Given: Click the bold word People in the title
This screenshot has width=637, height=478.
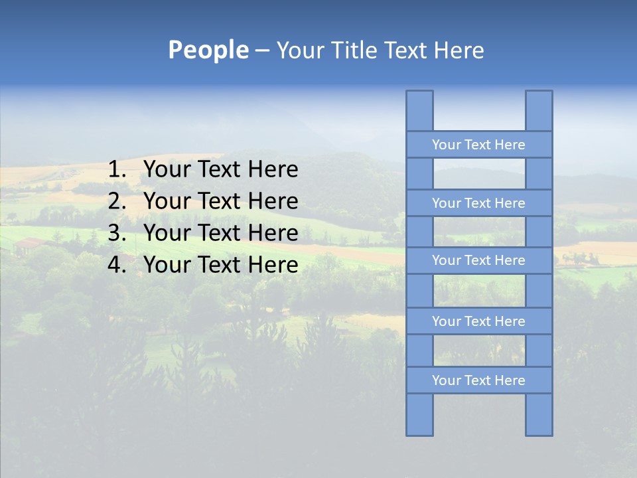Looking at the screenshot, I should (x=208, y=50).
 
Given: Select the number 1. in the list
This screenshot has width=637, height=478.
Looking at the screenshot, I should (x=117, y=170).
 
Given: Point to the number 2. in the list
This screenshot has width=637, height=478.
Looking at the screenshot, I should (x=117, y=201).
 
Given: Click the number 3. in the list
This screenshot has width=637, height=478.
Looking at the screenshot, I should (x=117, y=233).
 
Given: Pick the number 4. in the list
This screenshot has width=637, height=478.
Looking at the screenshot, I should (x=117, y=265).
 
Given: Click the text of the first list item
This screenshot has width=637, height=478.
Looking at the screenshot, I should (x=220, y=170).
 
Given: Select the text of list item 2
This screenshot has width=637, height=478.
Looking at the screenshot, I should (x=220, y=201).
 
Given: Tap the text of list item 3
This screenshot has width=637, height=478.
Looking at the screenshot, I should (x=220, y=233).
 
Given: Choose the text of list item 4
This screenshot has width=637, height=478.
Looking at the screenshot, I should (x=220, y=265).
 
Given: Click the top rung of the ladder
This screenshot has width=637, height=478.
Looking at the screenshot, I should (x=478, y=145).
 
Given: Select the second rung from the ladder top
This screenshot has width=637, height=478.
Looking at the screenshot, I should (x=478, y=203).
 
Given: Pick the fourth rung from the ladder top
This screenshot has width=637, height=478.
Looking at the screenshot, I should (x=478, y=321).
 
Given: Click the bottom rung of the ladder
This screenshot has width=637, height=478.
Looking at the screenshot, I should (x=478, y=380).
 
